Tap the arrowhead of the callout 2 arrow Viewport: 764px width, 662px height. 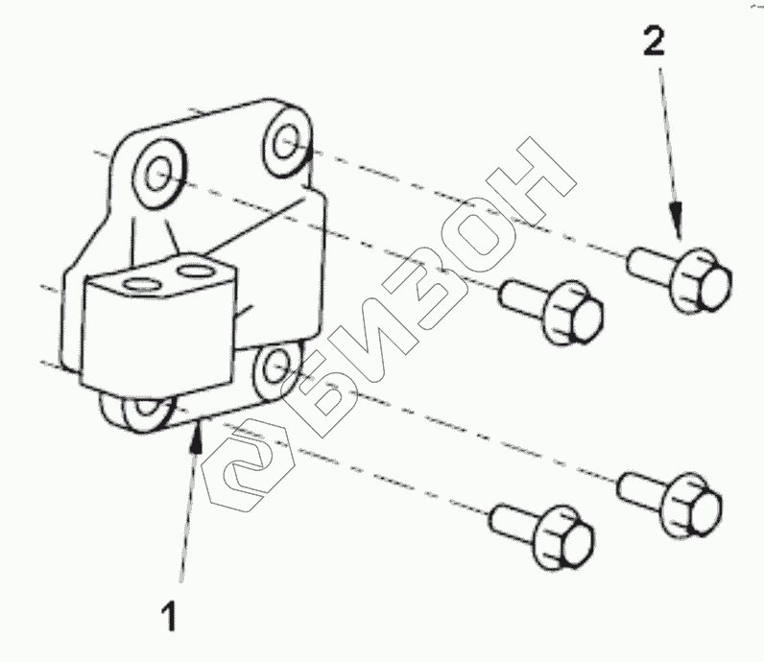point(678,231)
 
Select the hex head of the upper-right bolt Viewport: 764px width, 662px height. point(703,276)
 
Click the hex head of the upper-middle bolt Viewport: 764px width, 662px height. point(576,313)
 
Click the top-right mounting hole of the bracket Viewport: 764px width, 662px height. point(285,142)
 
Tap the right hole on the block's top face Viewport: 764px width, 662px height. point(195,271)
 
